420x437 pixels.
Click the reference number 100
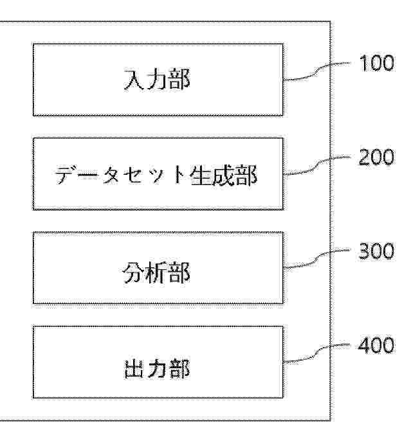[377, 63]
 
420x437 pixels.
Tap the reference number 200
[377, 157]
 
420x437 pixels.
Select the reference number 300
[377, 251]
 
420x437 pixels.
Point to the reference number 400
[376, 345]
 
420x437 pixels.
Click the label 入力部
[157, 80]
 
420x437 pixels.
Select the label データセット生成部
[156, 175]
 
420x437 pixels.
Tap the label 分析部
[157, 272]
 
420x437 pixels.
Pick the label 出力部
[157, 368]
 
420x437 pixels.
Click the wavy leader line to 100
[317, 71]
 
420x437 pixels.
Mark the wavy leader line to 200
[317, 166]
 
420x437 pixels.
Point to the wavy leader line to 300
[317, 260]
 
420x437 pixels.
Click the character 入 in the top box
[134, 80]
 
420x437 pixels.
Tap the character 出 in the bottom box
[134, 369]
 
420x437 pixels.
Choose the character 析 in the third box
[157, 272]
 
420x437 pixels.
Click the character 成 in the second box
[223, 175]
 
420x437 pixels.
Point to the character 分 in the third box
[134, 272]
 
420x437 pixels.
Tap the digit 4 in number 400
[364, 345]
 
